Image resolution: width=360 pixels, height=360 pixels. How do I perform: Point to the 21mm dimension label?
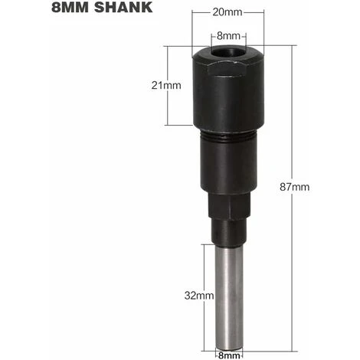(x=167, y=86)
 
